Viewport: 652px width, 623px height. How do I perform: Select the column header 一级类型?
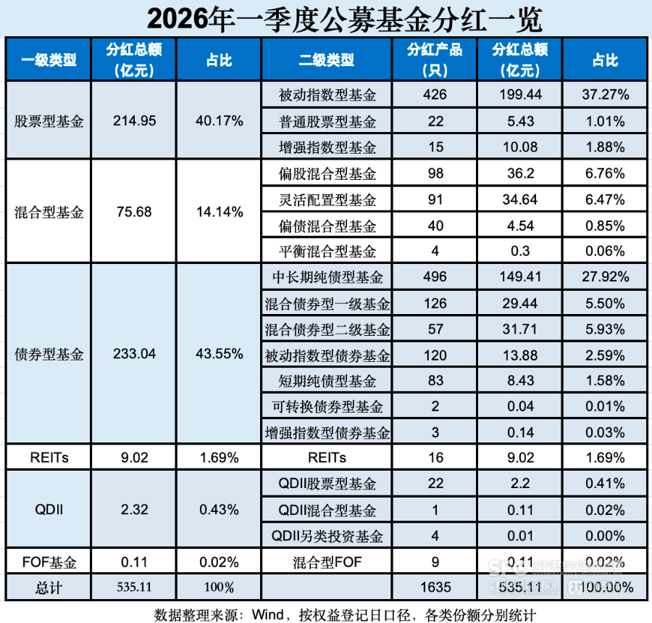(49, 60)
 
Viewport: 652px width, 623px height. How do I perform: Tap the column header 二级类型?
(327, 60)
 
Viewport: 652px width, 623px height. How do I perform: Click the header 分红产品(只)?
(435, 60)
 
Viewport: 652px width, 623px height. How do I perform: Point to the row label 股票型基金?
(49, 121)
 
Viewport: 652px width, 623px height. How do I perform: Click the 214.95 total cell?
(134, 121)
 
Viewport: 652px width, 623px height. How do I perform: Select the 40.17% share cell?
(219, 121)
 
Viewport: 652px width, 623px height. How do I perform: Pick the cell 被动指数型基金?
(327, 95)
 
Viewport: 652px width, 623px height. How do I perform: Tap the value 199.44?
(519, 95)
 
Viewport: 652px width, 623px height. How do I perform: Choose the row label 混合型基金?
(49, 213)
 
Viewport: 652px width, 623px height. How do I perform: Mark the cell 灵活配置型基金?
(327, 199)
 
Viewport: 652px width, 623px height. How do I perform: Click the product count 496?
(435, 277)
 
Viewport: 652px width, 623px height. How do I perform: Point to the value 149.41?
(519, 277)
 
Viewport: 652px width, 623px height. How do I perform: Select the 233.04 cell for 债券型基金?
(134, 355)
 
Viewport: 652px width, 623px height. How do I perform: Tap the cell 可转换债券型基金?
(327, 407)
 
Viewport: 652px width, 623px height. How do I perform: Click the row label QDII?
(49, 509)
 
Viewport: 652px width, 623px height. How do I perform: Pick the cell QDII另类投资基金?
(327, 536)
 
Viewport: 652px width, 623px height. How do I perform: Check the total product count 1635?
(435, 587)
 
